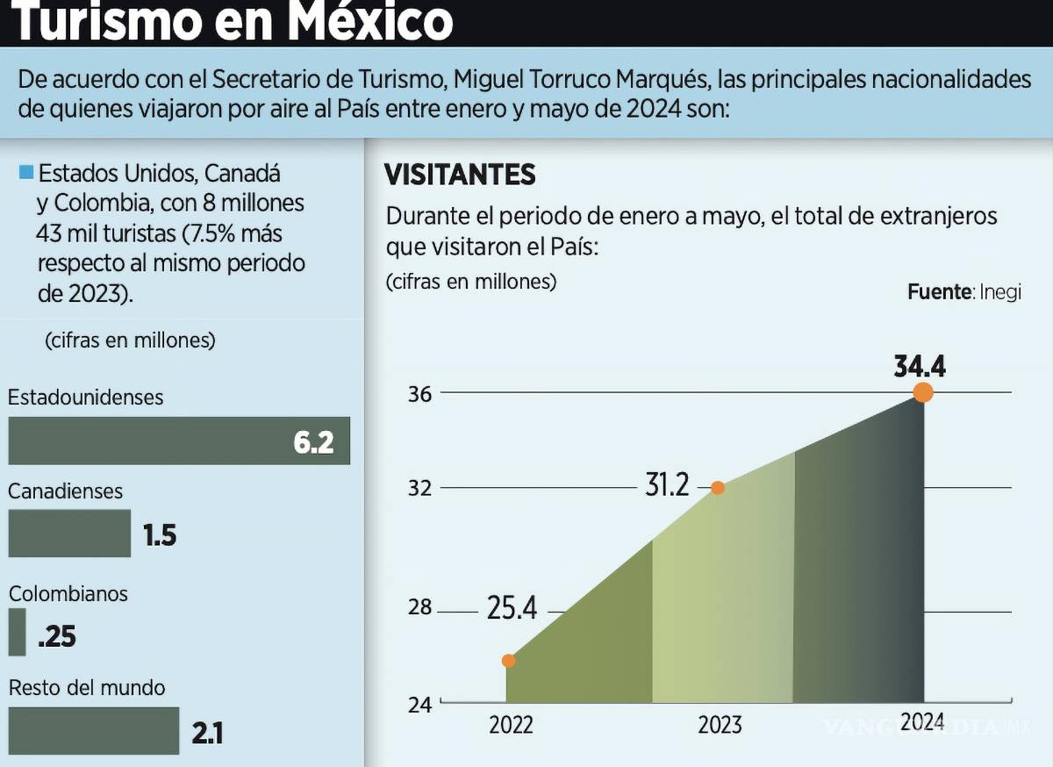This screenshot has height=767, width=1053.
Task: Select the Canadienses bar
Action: [x=69, y=533]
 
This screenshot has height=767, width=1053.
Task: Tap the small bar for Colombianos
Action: [x=17, y=632]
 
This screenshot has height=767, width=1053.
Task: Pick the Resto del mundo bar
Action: [x=93, y=730]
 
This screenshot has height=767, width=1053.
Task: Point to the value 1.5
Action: [x=161, y=534]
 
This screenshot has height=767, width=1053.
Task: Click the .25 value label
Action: [x=57, y=636]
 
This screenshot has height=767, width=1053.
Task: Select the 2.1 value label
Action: [x=207, y=732]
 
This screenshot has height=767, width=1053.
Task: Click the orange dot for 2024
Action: [x=923, y=392]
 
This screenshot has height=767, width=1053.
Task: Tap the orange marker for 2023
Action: [x=718, y=488]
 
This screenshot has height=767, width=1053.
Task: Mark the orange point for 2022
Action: [x=508, y=661]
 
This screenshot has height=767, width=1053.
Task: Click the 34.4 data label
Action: [x=920, y=366]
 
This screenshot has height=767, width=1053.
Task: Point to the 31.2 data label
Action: [x=667, y=484]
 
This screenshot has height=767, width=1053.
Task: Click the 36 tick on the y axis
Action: [x=420, y=394]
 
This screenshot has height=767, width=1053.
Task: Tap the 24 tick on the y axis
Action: [x=420, y=705]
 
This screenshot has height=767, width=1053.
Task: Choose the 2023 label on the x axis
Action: [x=720, y=725]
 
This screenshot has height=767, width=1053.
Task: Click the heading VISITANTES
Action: [x=460, y=175]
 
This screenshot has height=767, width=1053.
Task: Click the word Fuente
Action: [x=937, y=292]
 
